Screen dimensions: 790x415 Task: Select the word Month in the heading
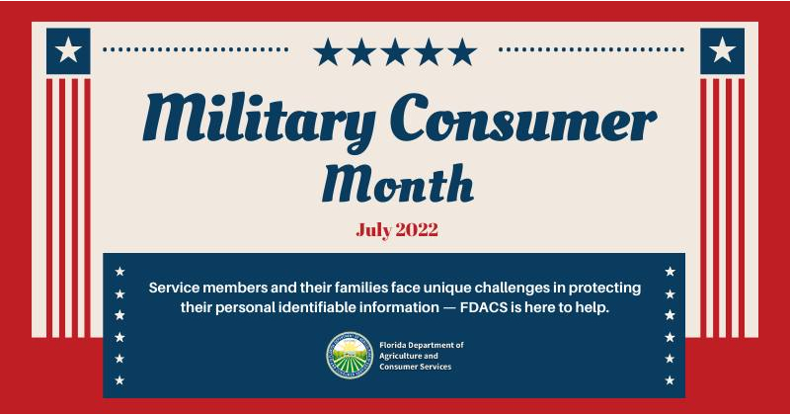pyautogui.click(x=398, y=183)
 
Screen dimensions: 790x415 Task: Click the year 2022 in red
pyautogui.click(x=417, y=230)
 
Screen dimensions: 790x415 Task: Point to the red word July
pyautogui.click(x=374, y=231)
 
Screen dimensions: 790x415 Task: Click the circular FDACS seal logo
pyautogui.click(x=350, y=355)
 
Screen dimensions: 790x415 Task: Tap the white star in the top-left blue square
pyautogui.click(x=68, y=50)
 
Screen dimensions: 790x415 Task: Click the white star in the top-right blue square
pyautogui.click(x=723, y=50)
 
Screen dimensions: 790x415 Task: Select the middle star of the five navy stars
pyautogui.click(x=395, y=52)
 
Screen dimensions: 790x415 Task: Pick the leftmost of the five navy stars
pyautogui.click(x=328, y=52)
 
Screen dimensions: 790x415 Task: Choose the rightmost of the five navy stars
pyautogui.click(x=462, y=52)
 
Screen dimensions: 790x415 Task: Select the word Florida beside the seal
pyautogui.click(x=392, y=345)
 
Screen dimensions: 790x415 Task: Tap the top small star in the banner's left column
pyautogui.click(x=119, y=272)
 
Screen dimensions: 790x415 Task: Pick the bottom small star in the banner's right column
pyautogui.click(x=670, y=380)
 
